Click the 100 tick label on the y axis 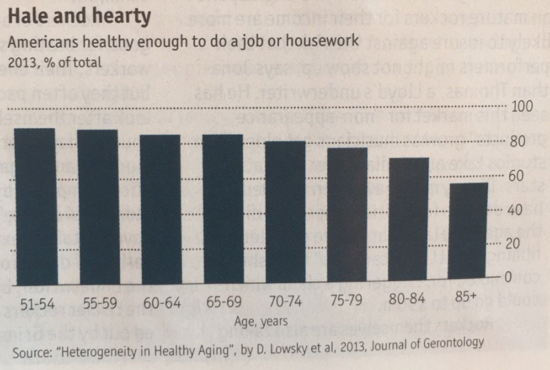(x=523, y=107)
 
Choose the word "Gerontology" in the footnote (x=449, y=343)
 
